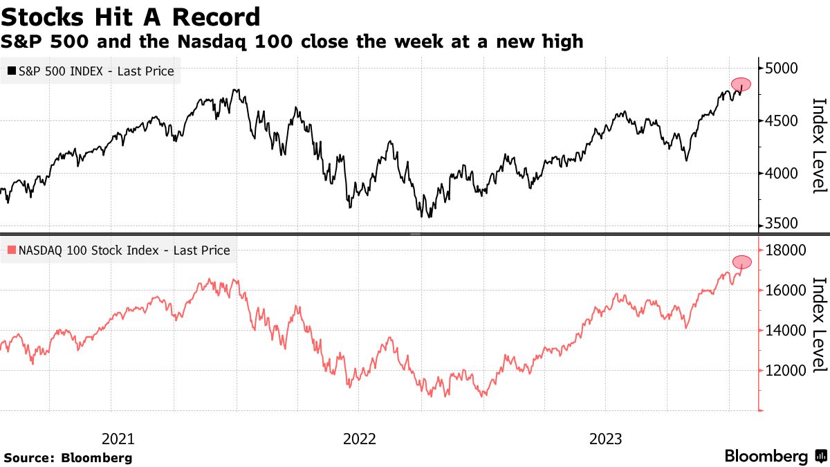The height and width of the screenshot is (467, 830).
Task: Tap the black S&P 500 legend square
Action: [x=12, y=71]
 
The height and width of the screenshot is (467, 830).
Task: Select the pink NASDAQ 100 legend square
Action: [x=12, y=250]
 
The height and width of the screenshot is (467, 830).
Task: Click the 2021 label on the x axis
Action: [x=118, y=439]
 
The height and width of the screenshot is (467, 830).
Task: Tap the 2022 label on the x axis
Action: [x=360, y=439]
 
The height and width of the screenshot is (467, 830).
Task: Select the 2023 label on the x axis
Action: [x=605, y=439]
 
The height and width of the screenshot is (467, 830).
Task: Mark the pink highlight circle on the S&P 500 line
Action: [x=741, y=84]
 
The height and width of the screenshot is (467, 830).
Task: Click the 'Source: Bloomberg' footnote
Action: [x=68, y=457]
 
